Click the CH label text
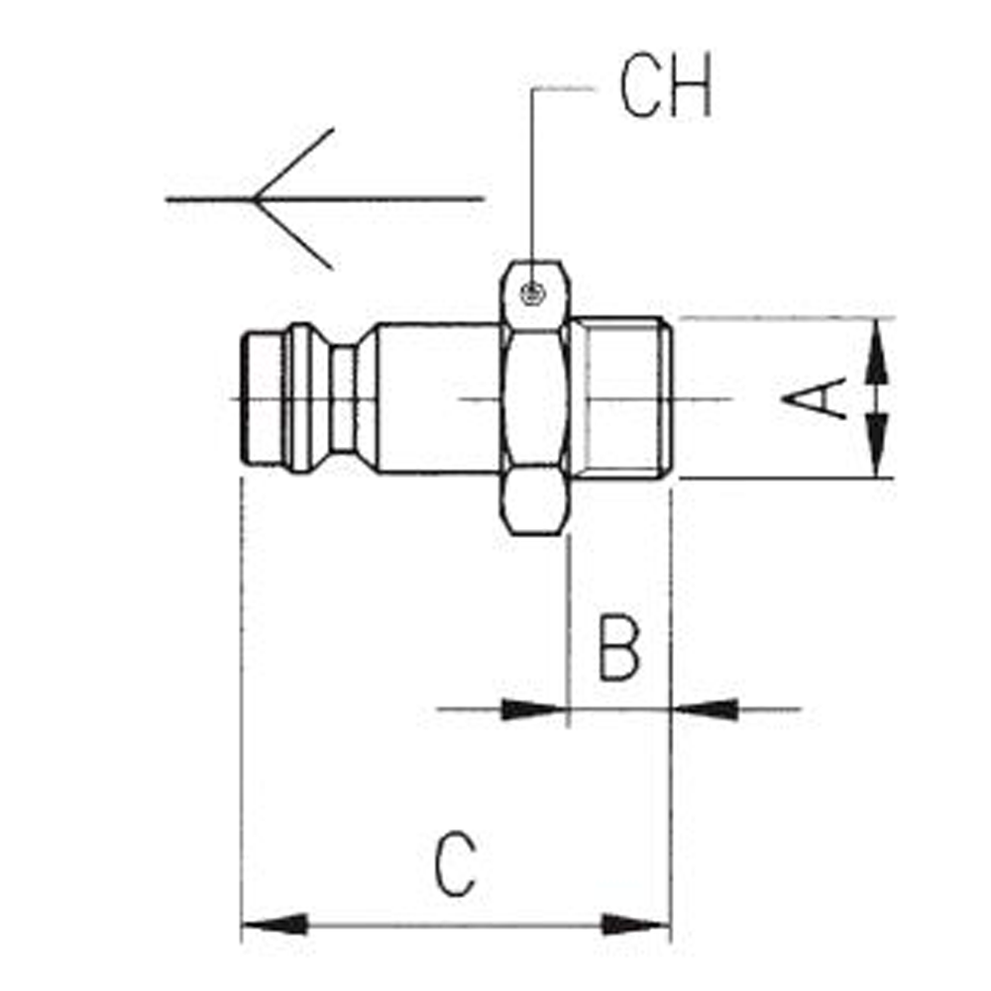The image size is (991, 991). point(666,85)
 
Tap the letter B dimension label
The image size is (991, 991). point(619,647)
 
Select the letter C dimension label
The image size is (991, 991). point(455,864)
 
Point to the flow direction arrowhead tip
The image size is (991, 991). point(253,200)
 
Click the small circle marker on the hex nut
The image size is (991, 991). point(533,293)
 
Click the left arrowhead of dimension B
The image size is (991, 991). point(535,710)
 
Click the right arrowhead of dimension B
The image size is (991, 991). point(705,710)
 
